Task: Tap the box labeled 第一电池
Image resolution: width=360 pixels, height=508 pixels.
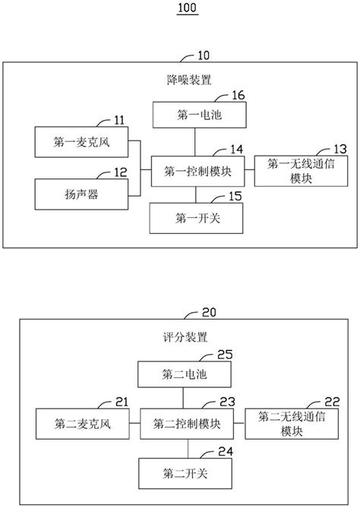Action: pos(196,115)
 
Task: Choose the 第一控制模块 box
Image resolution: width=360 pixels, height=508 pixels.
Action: pos(197,172)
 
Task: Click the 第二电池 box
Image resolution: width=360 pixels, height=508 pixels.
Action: pos(183,373)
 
